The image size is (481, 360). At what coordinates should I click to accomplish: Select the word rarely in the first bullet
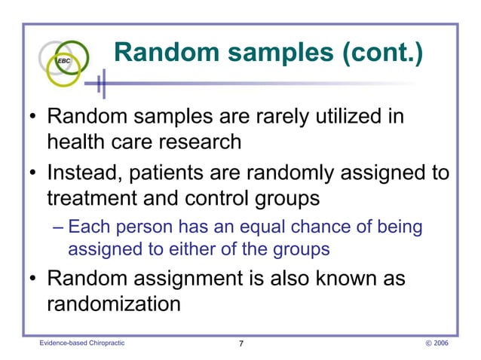tap(283, 118)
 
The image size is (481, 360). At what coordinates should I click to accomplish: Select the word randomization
tap(114, 303)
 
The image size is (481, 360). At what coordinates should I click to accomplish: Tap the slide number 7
tap(240, 344)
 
